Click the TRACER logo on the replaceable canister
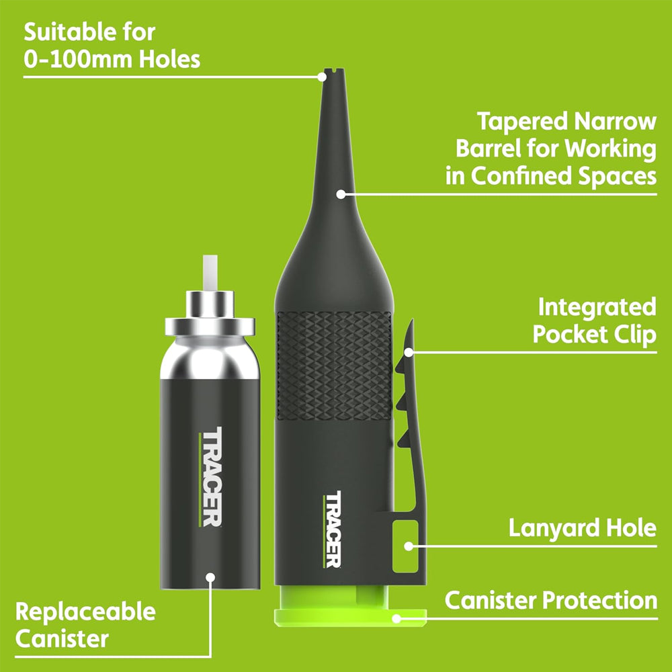click(210, 476)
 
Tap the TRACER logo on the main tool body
click(333, 530)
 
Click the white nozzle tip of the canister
click(210, 273)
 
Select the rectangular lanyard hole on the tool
click(405, 546)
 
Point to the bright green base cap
click(350, 606)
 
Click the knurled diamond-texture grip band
click(334, 366)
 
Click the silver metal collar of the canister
click(210, 313)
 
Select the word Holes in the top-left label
click(169, 58)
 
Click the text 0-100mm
click(79, 58)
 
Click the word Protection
click(600, 600)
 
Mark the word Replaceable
click(86, 612)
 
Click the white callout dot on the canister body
click(210, 577)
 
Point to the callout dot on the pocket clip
click(409, 352)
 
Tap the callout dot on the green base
click(396, 618)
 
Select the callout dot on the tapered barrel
click(341, 194)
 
